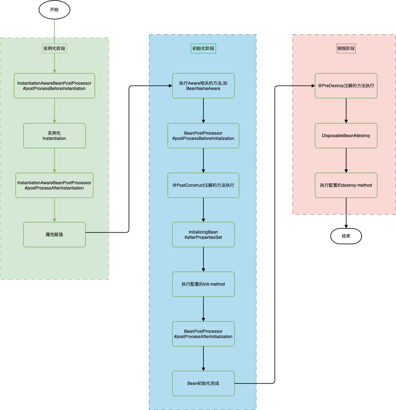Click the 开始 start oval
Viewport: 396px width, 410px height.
[x=54, y=10]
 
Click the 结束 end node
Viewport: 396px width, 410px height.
[x=346, y=236]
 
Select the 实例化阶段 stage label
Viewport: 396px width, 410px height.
[x=54, y=48]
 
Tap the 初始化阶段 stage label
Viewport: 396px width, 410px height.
[x=203, y=48]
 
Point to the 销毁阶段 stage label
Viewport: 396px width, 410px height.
[x=346, y=48]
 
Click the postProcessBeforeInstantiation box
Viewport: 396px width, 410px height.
[x=54, y=86]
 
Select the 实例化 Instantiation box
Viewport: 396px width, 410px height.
[x=54, y=136]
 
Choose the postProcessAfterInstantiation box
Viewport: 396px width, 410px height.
[x=54, y=185]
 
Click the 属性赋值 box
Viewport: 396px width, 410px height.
[x=54, y=234]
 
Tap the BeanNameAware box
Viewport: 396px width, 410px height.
[x=203, y=86]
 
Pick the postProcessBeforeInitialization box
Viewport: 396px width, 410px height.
[x=203, y=136]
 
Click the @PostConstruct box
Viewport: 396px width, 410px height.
[x=203, y=185]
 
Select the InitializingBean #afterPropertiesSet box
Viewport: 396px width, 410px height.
[x=203, y=234]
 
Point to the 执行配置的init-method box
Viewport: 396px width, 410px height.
[x=203, y=284]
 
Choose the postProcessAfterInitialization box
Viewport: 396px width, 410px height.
[x=203, y=334]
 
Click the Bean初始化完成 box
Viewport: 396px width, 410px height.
[x=203, y=383]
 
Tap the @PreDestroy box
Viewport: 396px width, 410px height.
[x=346, y=86]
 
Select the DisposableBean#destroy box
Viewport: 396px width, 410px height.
[x=346, y=136]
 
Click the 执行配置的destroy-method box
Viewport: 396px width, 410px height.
[x=346, y=185]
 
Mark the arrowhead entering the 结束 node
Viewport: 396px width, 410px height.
[x=346, y=227]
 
